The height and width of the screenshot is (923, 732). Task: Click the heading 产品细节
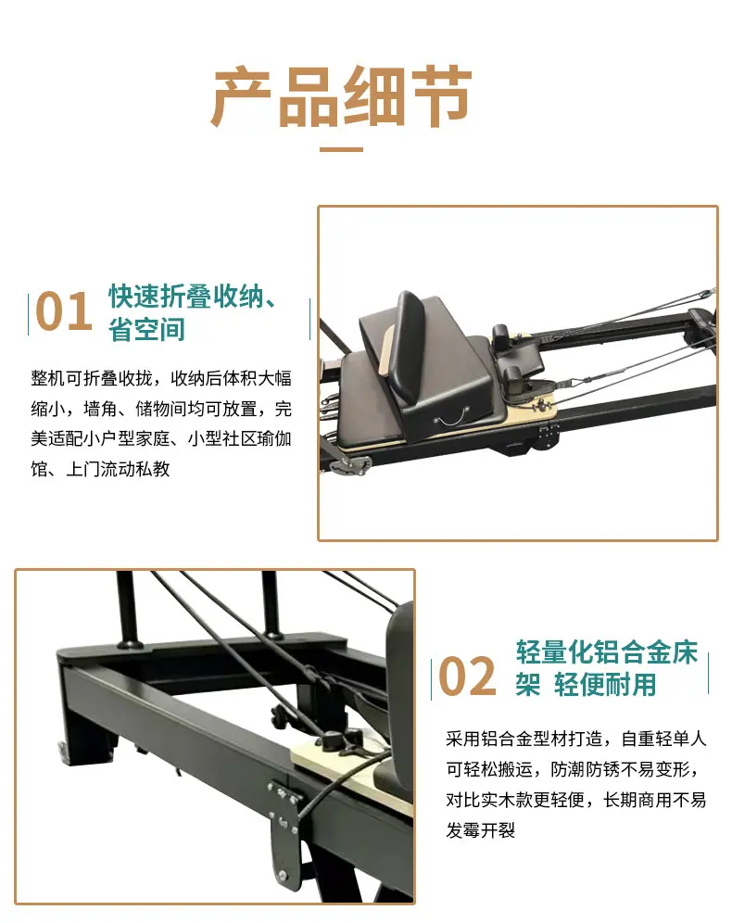[341, 97]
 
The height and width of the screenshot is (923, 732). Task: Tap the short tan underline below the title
[341, 149]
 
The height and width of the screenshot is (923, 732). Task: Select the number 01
[64, 310]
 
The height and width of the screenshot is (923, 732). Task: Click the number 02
[467, 676]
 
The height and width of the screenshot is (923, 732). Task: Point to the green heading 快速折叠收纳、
[192, 296]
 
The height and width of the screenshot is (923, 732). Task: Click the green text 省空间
[146, 329]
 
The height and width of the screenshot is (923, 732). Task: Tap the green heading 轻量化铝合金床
[607, 652]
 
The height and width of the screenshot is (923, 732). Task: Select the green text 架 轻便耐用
[587, 684]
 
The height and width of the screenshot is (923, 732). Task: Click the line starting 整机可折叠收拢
[161, 378]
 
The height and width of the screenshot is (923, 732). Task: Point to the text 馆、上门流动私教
[101, 469]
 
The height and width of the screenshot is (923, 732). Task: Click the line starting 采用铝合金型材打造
[576, 739]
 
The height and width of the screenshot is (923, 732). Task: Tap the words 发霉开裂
[481, 830]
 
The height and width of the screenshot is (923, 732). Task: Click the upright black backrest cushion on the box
[413, 347]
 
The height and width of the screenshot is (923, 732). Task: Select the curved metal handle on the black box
[449, 421]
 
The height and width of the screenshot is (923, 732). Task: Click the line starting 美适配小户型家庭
[161, 438]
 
